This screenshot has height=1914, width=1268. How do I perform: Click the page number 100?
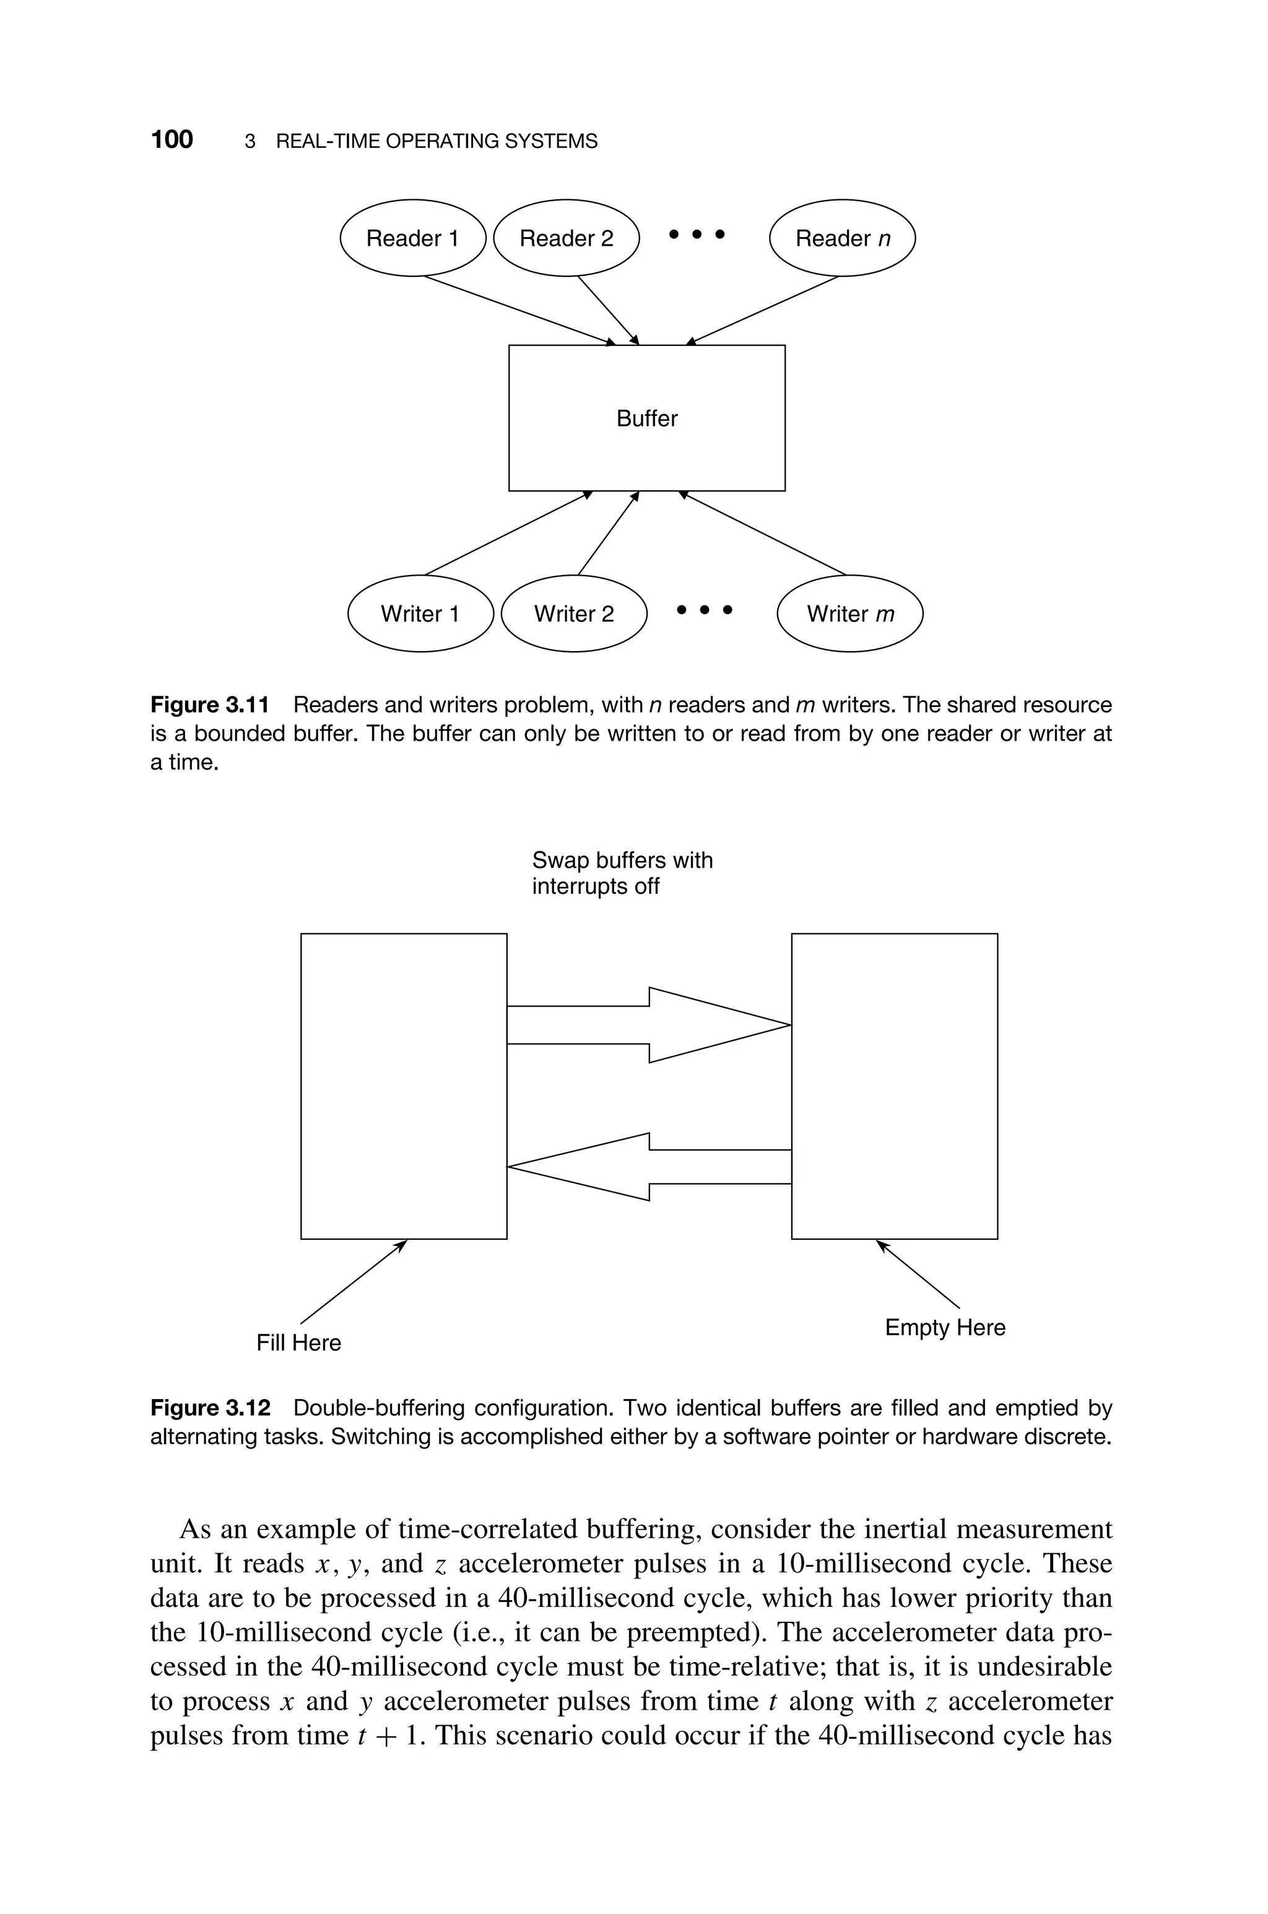[x=172, y=140]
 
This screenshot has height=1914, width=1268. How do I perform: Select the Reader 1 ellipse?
[x=412, y=238]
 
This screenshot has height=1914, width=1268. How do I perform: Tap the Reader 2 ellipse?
[x=566, y=238]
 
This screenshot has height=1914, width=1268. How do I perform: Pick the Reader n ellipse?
[x=842, y=238]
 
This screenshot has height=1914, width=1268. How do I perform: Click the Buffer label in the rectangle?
[x=647, y=418]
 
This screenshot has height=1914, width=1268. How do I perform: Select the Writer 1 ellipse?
[x=420, y=614]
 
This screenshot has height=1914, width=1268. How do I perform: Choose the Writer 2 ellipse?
[x=574, y=614]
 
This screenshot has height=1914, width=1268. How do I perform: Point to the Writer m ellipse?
[x=850, y=614]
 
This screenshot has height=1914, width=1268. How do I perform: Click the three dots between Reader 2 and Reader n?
[x=697, y=235]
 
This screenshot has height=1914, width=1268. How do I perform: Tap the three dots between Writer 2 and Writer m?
[x=705, y=610]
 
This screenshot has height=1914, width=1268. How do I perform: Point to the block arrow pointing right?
[x=647, y=1025]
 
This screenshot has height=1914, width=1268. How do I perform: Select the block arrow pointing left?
[x=647, y=1166]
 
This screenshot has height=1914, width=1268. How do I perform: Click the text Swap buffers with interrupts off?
[x=622, y=873]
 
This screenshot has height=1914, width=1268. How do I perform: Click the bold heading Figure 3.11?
[x=209, y=705]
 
